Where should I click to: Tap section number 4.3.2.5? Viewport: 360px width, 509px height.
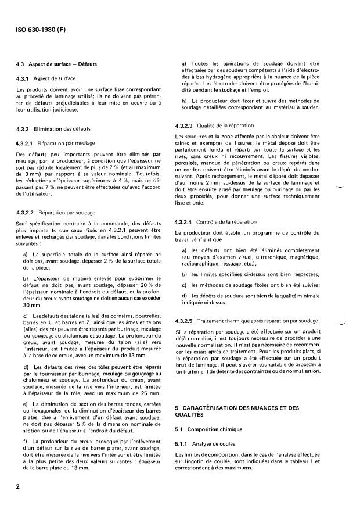(186, 321)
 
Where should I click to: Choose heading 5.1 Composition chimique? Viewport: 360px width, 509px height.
(210, 430)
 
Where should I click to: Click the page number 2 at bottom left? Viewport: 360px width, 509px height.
(19, 486)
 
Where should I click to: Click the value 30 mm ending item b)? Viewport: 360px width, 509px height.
(30, 304)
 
